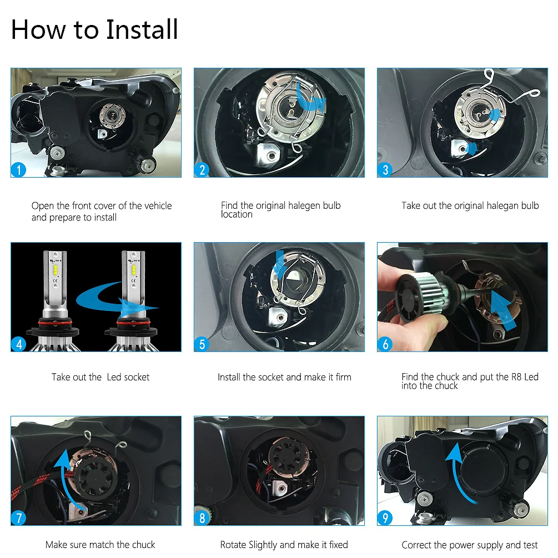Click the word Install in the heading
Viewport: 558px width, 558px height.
point(142,29)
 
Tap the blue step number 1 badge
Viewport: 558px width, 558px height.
point(18,170)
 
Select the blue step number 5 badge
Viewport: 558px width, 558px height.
point(202,344)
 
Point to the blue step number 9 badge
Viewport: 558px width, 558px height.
point(385,518)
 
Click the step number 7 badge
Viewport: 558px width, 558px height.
point(18,518)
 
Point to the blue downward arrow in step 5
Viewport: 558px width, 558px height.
point(280,265)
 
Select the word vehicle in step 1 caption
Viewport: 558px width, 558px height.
point(158,205)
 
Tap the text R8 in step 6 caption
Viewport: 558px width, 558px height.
point(516,377)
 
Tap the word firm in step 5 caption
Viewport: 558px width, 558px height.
point(343,377)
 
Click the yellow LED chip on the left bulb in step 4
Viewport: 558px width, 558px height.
point(56,269)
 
